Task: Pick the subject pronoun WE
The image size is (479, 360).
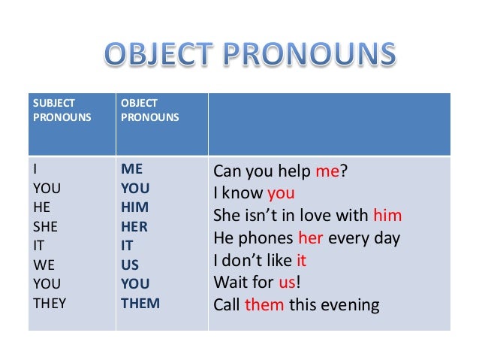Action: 42,265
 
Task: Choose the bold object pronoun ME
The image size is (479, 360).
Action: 132,168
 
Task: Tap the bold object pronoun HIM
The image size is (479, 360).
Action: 134,207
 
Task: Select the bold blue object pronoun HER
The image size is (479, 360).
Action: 134,226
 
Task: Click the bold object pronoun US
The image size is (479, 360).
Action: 130,265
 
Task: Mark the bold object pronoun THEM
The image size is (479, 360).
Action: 140,304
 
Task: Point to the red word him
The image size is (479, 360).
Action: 387,216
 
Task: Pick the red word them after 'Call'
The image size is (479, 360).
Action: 262,306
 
